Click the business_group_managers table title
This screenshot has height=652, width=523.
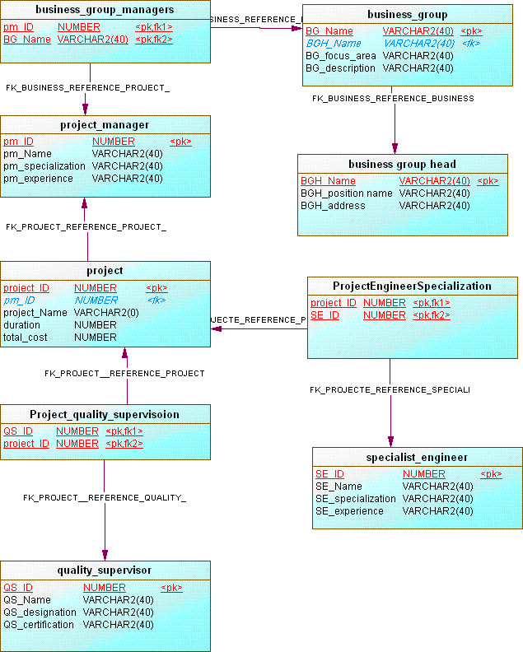(x=105, y=10)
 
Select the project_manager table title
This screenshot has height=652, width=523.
(x=105, y=125)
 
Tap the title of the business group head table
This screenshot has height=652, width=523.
(x=402, y=164)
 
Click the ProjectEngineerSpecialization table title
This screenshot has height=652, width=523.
(x=412, y=286)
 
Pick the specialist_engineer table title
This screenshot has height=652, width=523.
(x=417, y=457)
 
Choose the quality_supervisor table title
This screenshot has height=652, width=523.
(x=105, y=570)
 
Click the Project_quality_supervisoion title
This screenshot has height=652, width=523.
(x=105, y=414)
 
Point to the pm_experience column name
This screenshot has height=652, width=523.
(x=38, y=179)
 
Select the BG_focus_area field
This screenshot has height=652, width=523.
(x=340, y=56)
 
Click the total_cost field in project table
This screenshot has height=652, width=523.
(x=26, y=338)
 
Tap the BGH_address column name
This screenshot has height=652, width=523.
(x=333, y=206)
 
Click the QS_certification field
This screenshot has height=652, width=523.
(x=39, y=625)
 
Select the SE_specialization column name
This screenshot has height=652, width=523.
(x=355, y=499)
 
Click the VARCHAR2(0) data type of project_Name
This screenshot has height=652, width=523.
(x=106, y=313)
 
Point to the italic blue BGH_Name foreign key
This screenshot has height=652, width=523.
(x=333, y=44)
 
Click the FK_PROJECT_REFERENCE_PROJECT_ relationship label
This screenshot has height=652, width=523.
(x=86, y=226)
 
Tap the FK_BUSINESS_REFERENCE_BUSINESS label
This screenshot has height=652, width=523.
(x=393, y=99)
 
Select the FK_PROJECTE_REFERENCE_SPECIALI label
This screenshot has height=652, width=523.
(x=390, y=389)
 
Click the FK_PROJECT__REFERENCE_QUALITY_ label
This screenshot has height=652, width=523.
(x=105, y=498)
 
